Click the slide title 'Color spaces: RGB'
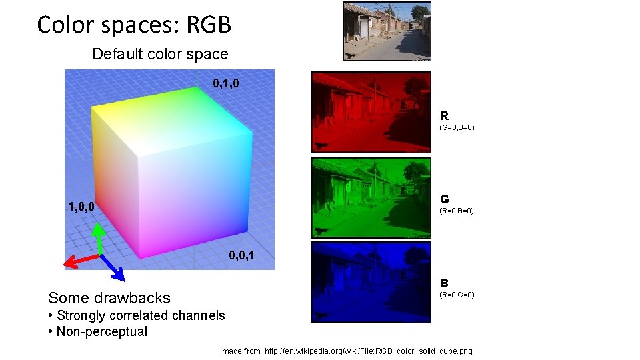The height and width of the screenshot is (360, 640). (134, 25)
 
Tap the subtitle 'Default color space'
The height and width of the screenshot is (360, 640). (160, 54)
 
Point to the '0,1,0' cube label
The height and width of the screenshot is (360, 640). (227, 84)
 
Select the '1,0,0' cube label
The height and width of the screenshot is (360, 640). (82, 207)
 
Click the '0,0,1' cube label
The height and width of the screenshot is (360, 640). (241, 255)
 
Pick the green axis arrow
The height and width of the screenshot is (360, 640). (99, 237)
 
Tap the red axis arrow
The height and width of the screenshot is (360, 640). (80, 260)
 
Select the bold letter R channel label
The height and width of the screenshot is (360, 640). (444, 117)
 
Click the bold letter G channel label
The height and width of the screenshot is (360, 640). (445, 199)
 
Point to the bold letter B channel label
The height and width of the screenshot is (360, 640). (444, 283)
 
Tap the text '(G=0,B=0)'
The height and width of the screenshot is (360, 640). (457, 127)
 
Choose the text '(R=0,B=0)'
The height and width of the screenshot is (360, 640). (457, 211)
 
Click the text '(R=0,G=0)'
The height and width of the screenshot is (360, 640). (457, 294)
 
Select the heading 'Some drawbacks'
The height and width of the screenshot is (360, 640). (109, 298)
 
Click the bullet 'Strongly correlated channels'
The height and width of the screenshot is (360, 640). (141, 315)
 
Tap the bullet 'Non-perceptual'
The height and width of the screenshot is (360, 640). (101, 331)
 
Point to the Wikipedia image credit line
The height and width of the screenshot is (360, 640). (346, 351)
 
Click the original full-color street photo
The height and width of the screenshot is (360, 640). (387, 31)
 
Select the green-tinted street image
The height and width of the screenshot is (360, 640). (371, 197)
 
